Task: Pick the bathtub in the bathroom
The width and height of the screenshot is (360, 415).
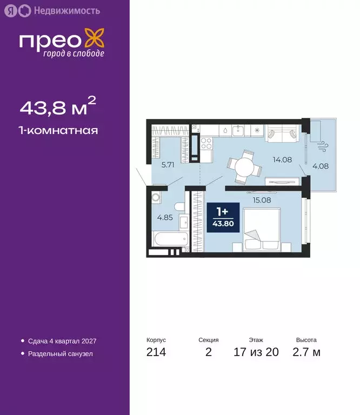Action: (169, 238)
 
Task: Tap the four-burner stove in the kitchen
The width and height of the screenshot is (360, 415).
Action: (206, 143)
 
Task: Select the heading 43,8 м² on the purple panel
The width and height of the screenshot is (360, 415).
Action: (57, 108)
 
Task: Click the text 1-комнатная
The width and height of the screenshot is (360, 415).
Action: (59, 130)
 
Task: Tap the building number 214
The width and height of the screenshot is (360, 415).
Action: (156, 353)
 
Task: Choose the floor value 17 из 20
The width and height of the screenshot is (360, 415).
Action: (256, 353)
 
